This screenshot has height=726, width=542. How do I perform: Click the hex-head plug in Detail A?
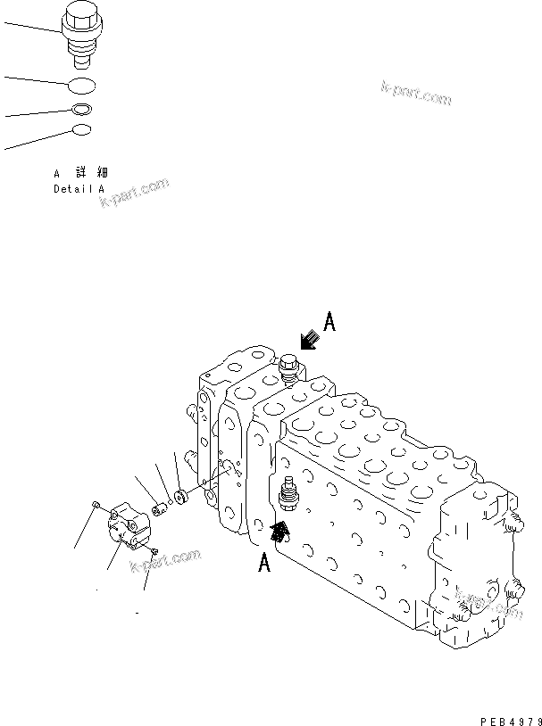click(x=84, y=35)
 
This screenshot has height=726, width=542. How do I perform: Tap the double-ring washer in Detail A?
click(x=82, y=111)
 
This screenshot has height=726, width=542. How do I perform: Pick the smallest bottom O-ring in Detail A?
click(x=81, y=130)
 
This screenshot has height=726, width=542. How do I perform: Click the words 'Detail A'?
click(x=79, y=189)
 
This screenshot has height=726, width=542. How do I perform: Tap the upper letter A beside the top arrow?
click(x=329, y=322)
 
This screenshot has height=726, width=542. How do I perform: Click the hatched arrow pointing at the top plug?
click(x=310, y=340)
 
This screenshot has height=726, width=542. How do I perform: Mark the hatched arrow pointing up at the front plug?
click(x=280, y=532)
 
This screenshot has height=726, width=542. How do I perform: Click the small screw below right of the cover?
click(x=154, y=553)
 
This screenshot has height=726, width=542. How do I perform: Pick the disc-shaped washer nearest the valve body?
click(x=179, y=495)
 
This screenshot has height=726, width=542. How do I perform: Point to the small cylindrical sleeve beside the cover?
click(x=159, y=508)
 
